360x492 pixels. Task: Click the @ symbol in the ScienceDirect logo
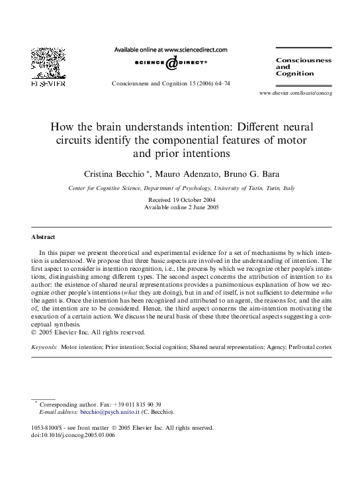[x=171, y=62]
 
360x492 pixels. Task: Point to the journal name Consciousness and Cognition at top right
[x=303, y=67]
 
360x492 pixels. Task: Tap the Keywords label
[x=44, y=346]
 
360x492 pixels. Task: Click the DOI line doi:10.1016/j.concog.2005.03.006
[x=73, y=436]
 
